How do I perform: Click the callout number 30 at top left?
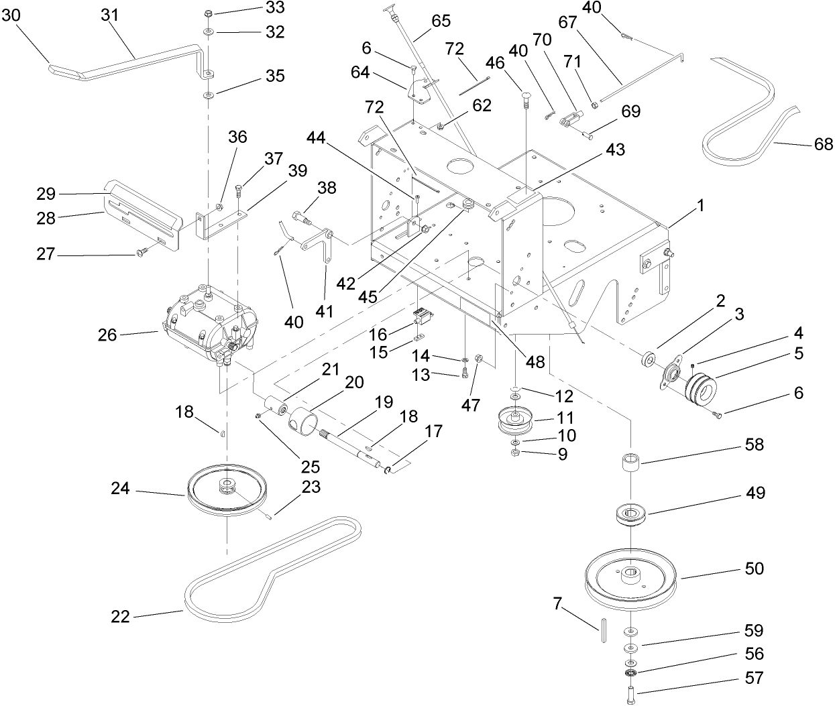(11, 15)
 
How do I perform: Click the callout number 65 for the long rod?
(441, 21)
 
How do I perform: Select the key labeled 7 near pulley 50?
(604, 630)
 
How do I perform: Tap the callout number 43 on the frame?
(615, 150)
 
